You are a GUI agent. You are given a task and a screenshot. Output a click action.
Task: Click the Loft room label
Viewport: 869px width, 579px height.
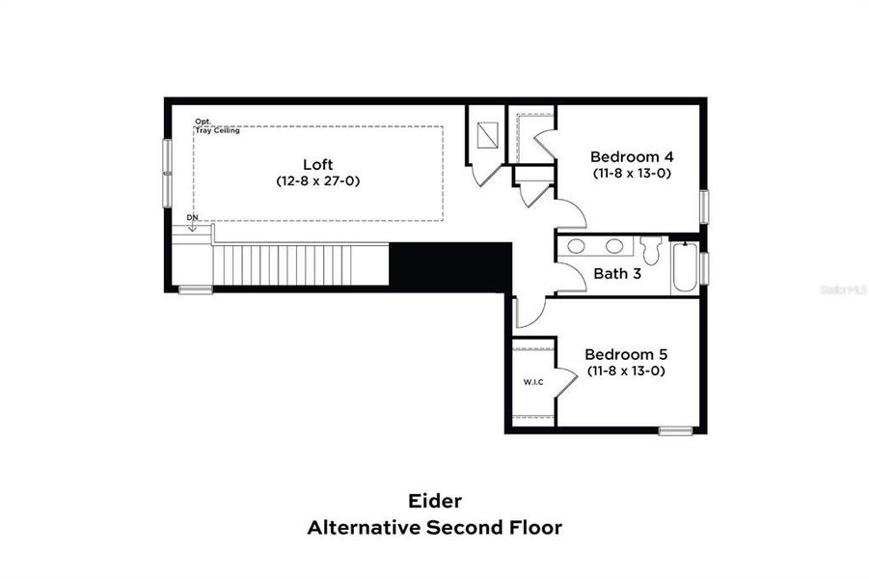318,163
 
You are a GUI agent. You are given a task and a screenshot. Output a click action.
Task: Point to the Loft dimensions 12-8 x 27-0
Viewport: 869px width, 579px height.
318,180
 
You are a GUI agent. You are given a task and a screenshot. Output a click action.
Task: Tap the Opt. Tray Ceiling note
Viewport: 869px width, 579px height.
216,125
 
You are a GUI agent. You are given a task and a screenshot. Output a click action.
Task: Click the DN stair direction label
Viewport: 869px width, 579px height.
192,218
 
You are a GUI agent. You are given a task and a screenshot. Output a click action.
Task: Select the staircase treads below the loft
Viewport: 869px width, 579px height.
300,265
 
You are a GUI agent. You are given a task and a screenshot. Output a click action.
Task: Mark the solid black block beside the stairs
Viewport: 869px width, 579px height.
449,265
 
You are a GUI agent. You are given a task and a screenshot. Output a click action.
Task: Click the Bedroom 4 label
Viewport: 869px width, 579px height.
632,156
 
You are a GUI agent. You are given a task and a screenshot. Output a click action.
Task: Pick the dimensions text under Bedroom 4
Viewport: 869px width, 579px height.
632,174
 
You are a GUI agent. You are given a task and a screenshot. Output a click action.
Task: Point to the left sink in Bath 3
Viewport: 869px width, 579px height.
576,246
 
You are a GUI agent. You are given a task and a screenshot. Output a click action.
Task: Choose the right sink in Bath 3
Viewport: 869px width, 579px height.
613,246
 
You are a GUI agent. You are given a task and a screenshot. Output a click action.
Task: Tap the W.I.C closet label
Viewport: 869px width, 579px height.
533,382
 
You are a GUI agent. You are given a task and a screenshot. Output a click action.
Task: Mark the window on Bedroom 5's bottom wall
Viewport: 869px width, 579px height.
674,429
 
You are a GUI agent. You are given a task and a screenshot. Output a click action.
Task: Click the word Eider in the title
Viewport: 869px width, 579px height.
434,501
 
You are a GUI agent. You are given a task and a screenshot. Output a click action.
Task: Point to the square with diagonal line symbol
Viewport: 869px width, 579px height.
489,136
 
